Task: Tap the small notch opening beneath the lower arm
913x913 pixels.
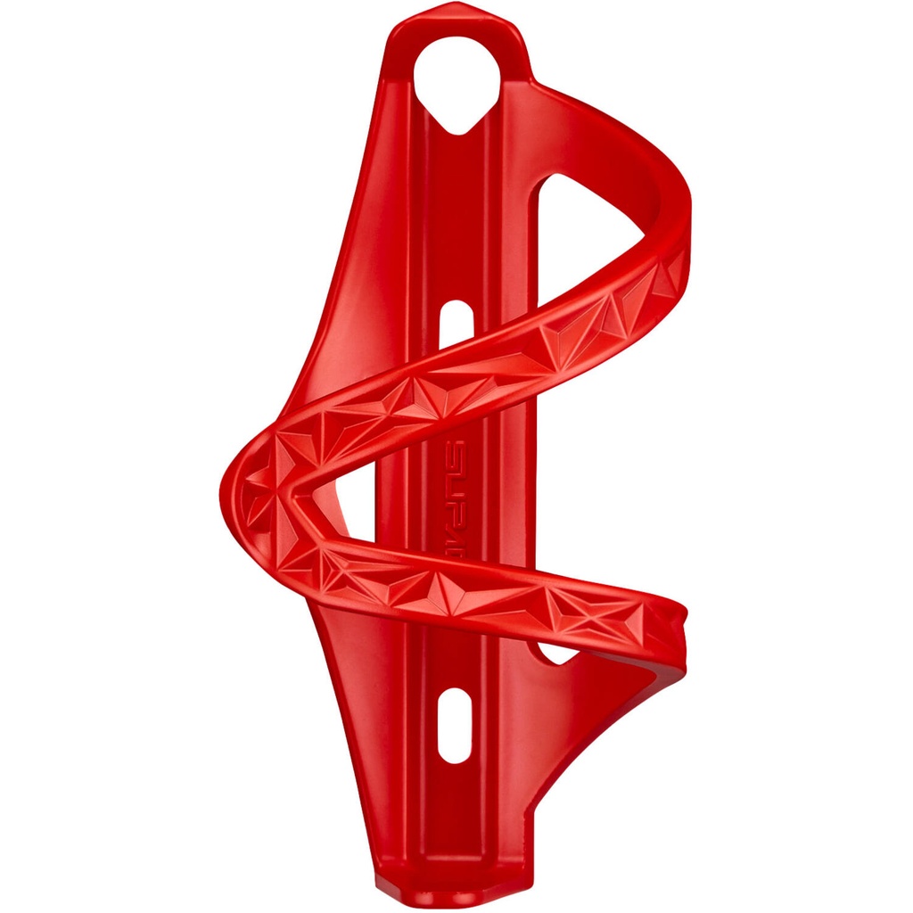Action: coord(558,654)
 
